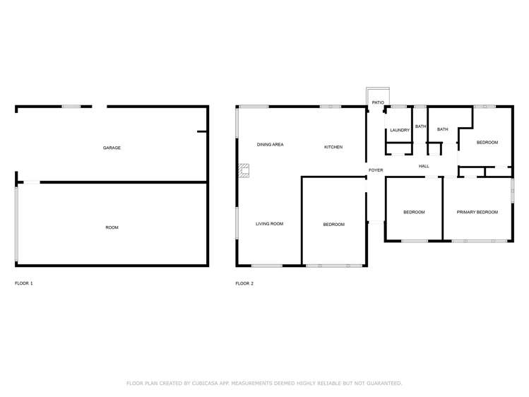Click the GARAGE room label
(x=112, y=148)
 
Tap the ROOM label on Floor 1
(x=112, y=227)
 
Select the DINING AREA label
(x=270, y=145)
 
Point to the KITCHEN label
(x=333, y=147)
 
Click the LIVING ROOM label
(x=269, y=224)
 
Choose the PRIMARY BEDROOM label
(x=477, y=212)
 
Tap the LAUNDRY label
(x=400, y=130)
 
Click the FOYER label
(x=376, y=170)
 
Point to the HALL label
(x=424, y=166)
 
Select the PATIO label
(x=378, y=103)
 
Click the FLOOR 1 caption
(x=24, y=283)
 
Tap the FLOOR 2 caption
(x=244, y=283)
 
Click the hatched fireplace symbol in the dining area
(x=244, y=170)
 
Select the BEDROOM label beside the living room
(x=333, y=225)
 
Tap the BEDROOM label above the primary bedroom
(x=487, y=143)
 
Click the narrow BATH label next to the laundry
(x=420, y=126)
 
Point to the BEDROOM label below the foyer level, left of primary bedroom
(x=414, y=212)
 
